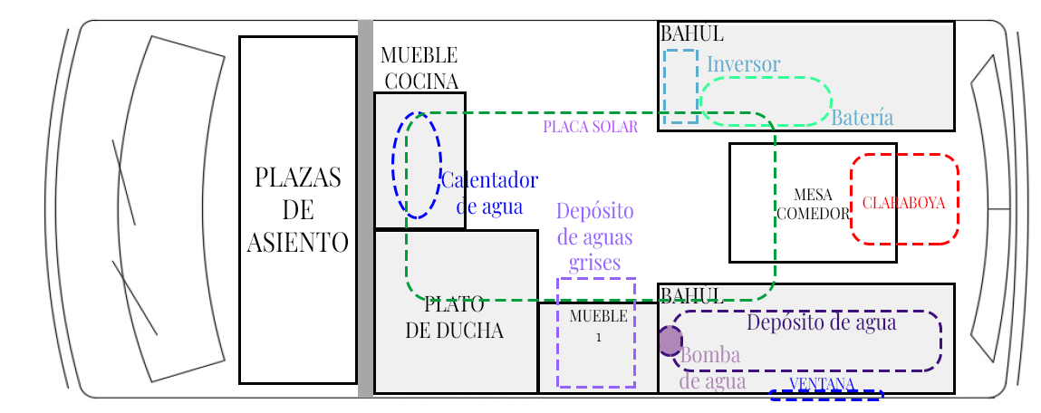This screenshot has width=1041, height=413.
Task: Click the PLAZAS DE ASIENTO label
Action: [297, 210]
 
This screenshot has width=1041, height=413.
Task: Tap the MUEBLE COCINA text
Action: [419, 69]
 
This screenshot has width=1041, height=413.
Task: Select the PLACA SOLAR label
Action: [590, 127]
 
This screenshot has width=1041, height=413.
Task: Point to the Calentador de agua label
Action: [489, 193]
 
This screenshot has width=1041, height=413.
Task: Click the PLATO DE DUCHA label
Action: [454, 317]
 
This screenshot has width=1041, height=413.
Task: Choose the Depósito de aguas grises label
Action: [594, 236]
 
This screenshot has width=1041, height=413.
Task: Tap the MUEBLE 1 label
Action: [598, 325]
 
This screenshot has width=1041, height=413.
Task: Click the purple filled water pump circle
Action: [669, 341]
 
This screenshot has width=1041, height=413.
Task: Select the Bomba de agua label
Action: [711, 368]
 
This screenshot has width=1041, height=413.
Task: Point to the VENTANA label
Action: [822, 384]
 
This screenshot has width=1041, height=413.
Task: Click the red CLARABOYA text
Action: [903, 202]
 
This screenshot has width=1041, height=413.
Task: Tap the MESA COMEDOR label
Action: [812, 205]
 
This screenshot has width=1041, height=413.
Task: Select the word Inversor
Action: [743, 64]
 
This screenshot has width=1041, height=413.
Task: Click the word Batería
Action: [862, 118]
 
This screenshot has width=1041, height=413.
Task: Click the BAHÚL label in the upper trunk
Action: [691, 34]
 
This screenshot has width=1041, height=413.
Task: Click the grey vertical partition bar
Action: [365, 208]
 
